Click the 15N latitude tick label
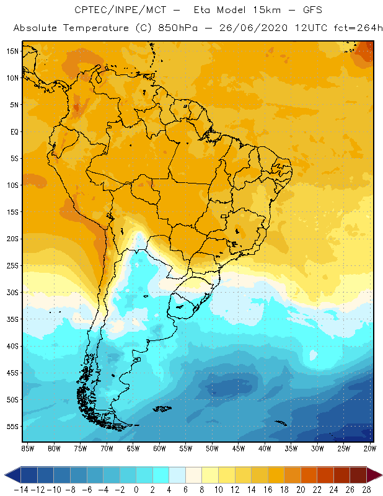tap(12, 51)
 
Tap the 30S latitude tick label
tap(12, 292)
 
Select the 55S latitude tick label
tap(12, 427)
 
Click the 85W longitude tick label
tap(27, 448)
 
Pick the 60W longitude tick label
tap(159, 448)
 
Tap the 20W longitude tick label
tap(370, 448)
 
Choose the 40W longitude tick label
tap(265, 448)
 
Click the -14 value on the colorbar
tap(21, 490)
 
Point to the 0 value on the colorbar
tap(136, 490)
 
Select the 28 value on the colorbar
tap(366, 490)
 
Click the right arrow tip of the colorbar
tap(380, 475)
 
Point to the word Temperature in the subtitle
tap(95, 29)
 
